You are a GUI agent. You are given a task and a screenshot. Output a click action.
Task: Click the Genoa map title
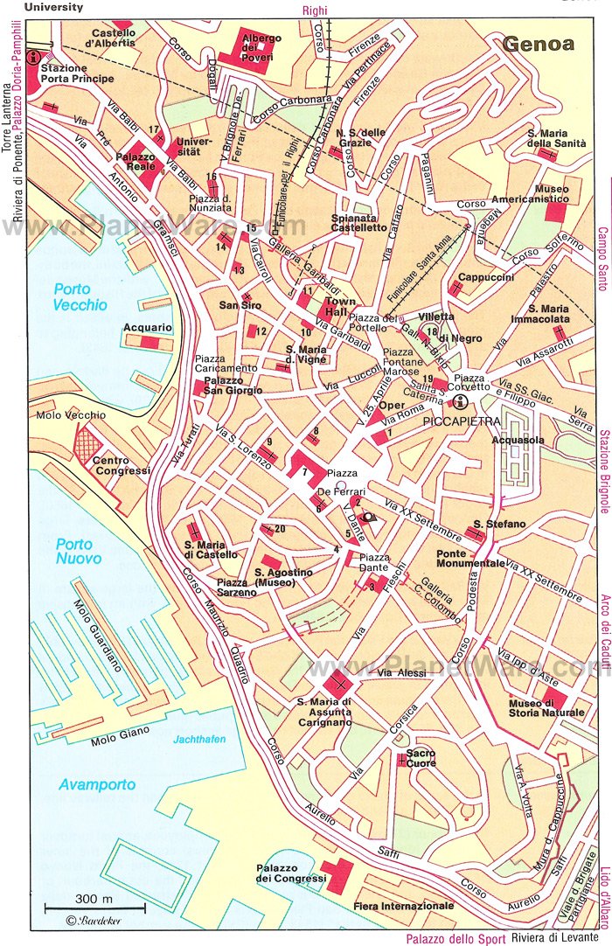pyautogui.click(x=539, y=44)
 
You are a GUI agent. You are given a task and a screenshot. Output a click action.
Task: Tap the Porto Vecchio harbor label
pyautogui.click(x=80, y=297)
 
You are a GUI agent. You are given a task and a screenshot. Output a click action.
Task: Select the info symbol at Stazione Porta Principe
pyautogui.click(x=34, y=59)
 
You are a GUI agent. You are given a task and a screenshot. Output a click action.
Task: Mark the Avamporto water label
pyautogui.click(x=98, y=784)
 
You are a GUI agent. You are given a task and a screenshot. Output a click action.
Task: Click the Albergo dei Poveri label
pyautogui.click(x=262, y=47)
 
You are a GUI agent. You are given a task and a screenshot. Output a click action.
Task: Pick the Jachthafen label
pyautogui.click(x=198, y=739)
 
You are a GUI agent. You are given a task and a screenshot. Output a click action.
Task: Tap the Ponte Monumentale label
pyautogui.click(x=470, y=558)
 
